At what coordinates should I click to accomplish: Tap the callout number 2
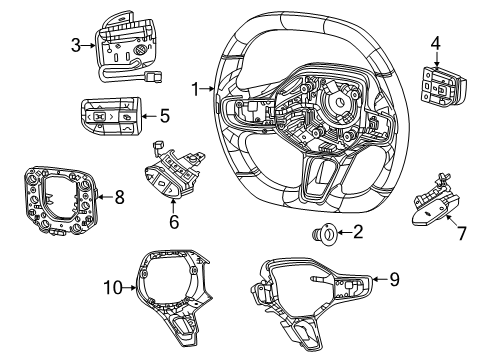point(357,235)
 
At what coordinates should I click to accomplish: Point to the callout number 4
point(434,42)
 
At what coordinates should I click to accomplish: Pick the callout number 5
point(164,115)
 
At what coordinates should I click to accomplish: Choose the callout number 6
point(173,221)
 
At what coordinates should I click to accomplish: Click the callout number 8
point(119,198)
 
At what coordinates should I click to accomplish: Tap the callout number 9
point(393,281)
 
